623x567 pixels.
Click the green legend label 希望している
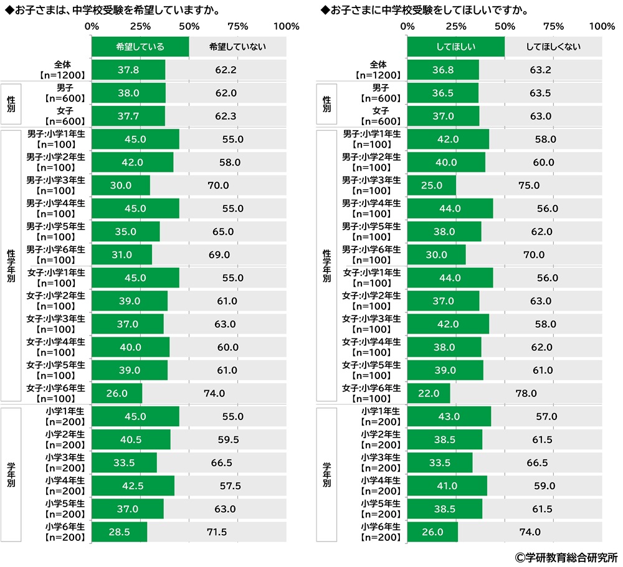[140, 47]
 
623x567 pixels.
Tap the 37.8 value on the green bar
[128, 70]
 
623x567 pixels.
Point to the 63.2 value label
[540, 70]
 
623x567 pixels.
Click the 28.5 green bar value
[118, 533]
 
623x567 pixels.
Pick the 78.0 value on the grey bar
[525, 393]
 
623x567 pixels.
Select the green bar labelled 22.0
[429, 393]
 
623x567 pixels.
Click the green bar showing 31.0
[121, 255]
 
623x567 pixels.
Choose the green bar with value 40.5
[131, 440]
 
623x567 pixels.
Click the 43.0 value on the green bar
[449, 416]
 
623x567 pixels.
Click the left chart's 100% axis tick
[287, 27]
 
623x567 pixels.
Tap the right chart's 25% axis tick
[456, 27]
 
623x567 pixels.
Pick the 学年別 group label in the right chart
[327, 474]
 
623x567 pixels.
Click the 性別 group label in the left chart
[11, 105]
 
